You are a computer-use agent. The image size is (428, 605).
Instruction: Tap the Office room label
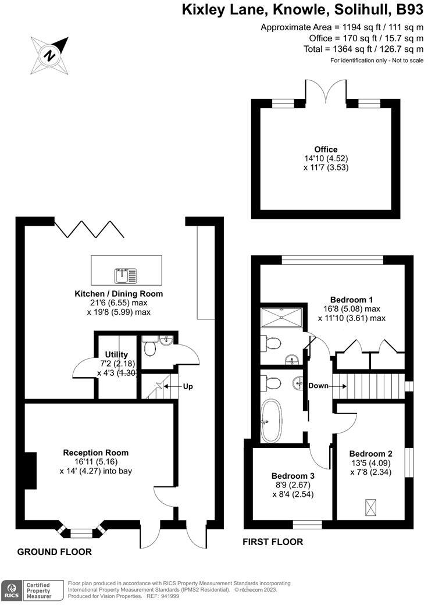pos(326,150)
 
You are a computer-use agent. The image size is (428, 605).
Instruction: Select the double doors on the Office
pos(326,91)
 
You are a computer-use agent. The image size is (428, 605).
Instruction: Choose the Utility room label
pos(116,354)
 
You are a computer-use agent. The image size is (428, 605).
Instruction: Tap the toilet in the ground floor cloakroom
pos(149,348)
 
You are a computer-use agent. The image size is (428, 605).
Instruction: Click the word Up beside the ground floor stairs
pos(188,386)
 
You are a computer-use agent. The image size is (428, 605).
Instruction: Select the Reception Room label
pos(96,453)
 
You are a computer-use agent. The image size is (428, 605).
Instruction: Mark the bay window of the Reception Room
pos(81,531)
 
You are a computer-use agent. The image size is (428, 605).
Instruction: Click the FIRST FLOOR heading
pos(273,542)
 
